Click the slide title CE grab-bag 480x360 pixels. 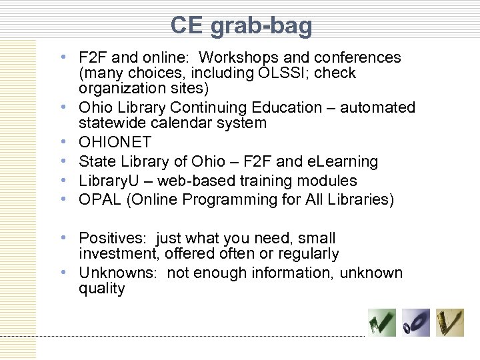pyautogui.click(x=241, y=25)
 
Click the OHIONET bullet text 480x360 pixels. pyautogui.click(x=115, y=143)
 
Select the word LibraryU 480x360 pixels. pyautogui.click(x=108, y=181)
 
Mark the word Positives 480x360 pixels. pyautogui.click(x=110, y=238)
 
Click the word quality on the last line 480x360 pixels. pyautogui.click(x=101, y=288)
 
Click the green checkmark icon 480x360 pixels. pyautogui.click(x=382, y=323)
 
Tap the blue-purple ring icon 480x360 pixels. pyautogui.click(x=415, y=323)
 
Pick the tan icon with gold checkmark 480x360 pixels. pyautogui.click(x=450, y=323)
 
